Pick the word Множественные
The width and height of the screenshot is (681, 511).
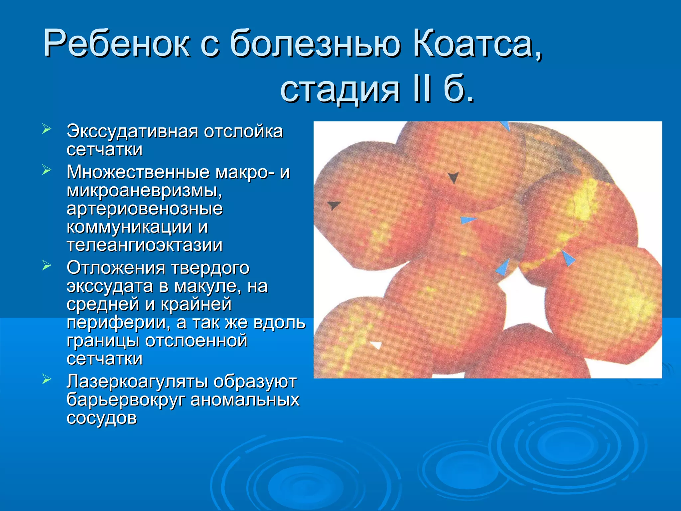click(138, 172)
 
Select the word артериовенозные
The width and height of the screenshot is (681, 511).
click(145, 209)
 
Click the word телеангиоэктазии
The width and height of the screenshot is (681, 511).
click(145, 245)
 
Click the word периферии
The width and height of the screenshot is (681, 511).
click(118, 322)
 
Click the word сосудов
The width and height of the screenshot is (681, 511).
click(101, 418)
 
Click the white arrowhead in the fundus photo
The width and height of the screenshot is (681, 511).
click(376, 345)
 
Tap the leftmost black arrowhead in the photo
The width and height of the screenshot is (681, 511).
click(333, 205)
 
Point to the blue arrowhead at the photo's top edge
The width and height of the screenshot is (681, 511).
click(506, 126)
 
